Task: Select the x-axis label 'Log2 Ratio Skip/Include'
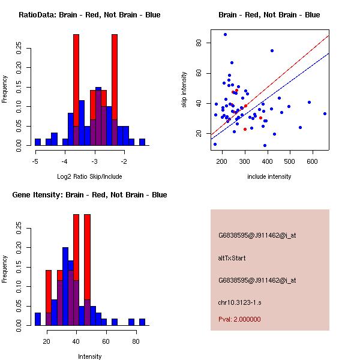(89, 177)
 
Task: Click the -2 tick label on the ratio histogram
(124, 161)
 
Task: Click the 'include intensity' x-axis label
(269, 177)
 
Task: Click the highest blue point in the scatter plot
(225, 35)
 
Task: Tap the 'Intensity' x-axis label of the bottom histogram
(89, 356)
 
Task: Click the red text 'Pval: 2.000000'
(239, 319)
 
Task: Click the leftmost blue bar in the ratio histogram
(38, 142)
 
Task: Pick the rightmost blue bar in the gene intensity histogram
(142, 322)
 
